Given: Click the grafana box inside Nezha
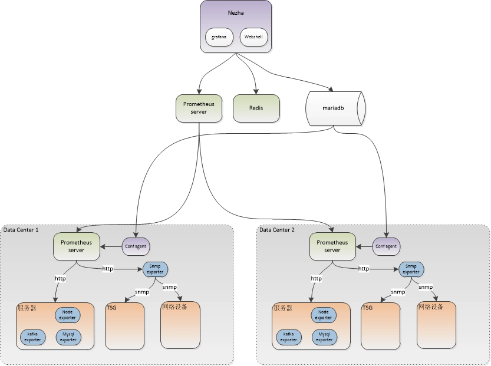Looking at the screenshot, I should coord(219,38).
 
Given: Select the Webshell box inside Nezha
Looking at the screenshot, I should coord(254,38).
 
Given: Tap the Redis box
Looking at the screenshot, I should coord(256,108).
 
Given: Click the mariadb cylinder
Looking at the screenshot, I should coord(335,108).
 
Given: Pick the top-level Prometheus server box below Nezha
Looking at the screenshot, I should coord(199,108).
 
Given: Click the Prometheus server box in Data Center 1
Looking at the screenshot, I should coord(77,246).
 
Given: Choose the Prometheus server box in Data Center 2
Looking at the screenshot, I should coord(332,246).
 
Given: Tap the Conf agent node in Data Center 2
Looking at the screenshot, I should coord(385,246).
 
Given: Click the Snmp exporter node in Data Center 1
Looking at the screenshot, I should coord(156,269).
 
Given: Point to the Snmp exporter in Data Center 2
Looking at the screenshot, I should coord(411,269).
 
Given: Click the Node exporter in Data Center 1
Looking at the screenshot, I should coord(68,315).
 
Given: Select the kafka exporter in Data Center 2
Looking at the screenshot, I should coord(288,337).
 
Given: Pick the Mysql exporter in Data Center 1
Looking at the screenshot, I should coord(68,337).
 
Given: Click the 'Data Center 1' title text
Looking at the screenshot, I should coord(21,230).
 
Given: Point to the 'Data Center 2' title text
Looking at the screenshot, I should coord(277,230).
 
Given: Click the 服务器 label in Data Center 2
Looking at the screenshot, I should coord(283,308).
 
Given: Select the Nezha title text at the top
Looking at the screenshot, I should coord(236,12).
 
